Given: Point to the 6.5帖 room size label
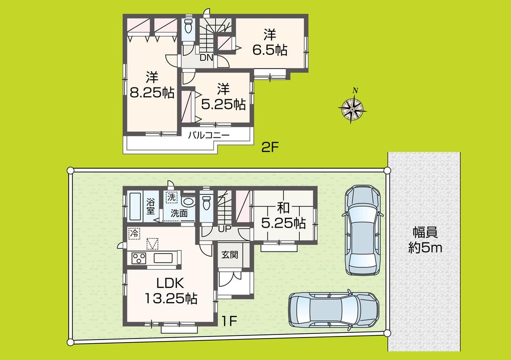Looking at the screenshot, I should point(270,43).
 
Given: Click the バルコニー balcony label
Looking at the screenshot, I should point(208,136).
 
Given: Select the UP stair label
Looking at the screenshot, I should point(224,229).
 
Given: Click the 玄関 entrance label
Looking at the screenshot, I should point(229,254).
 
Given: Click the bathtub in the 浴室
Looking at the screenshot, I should point(136,206).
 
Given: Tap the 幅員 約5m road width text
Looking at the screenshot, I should point(425,240).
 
